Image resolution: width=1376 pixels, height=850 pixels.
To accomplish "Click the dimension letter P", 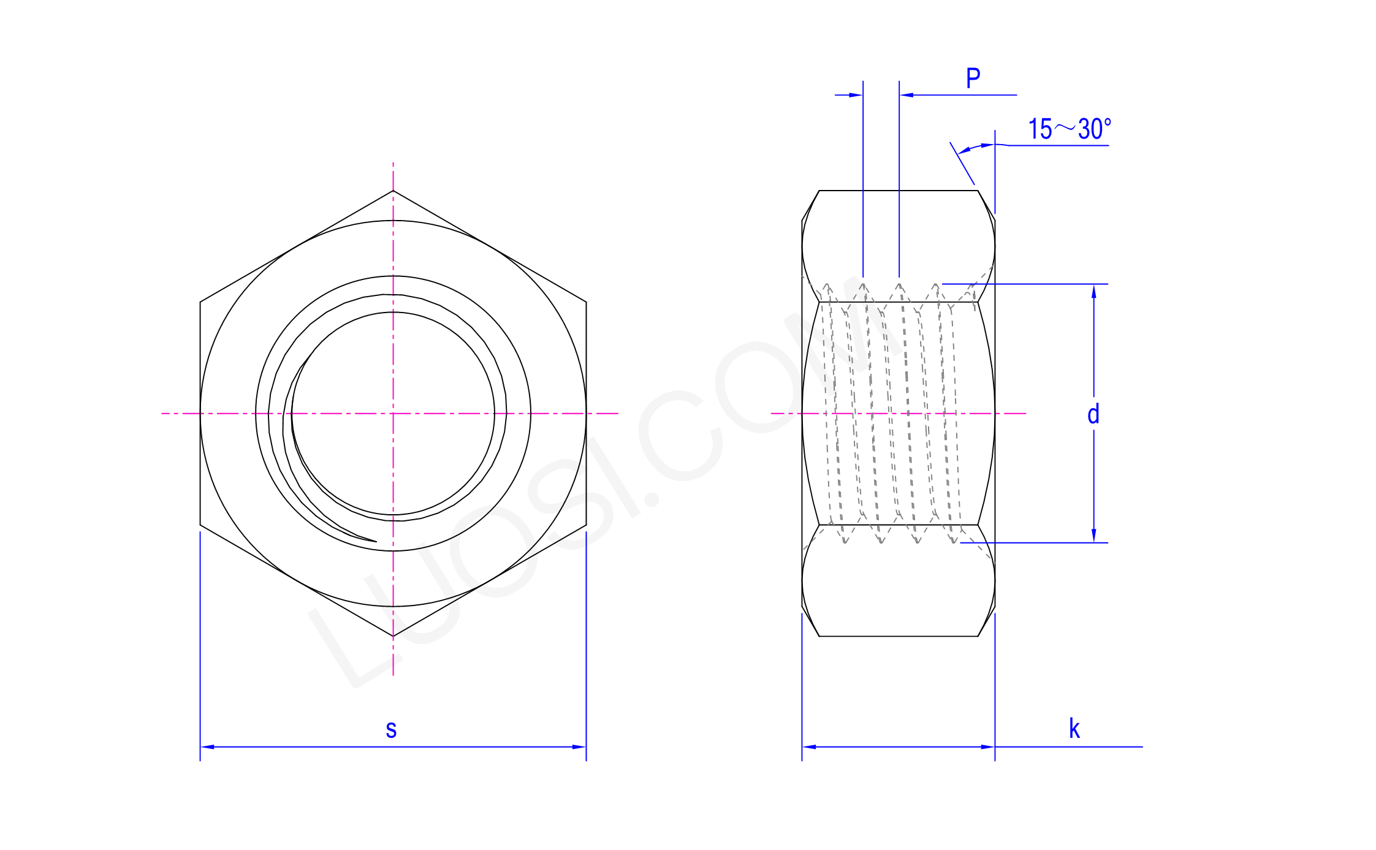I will tap(973, 78).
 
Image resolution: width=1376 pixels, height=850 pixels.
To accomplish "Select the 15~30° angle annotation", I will tap(1069, 129).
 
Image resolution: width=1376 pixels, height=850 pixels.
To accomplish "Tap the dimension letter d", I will tap(1093, 415).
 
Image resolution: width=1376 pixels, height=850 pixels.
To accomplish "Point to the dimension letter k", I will tap(1074, 729).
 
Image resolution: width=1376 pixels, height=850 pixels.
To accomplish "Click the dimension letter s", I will tap(391, 729).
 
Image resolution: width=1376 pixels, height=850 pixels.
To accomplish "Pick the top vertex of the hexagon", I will tap(393, 191).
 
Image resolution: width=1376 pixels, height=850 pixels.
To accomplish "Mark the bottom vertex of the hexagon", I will tap(393, 636).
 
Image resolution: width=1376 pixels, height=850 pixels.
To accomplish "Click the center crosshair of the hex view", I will tap(393, 413).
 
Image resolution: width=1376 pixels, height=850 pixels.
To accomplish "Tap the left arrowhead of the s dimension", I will tap(207, 746).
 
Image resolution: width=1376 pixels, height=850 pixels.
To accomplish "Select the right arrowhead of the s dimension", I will tap(579, 746).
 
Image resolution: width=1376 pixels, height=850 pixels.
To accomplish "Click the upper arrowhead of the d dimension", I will tap(1093, 291).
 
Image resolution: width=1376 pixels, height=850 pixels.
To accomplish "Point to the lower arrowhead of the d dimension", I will tap(1093, 536).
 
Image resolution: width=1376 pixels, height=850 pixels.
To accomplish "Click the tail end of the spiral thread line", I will tap(375, 541).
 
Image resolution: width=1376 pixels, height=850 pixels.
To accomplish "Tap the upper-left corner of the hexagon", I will tap(200, 302).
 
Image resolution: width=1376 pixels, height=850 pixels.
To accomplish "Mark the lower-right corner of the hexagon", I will tap(586, 525).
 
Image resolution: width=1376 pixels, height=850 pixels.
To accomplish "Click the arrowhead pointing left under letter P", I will tap(907, 95).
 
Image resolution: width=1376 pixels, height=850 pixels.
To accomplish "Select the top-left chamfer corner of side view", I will tap(819, 191).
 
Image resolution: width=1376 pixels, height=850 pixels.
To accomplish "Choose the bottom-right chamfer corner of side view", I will tap(978, 636).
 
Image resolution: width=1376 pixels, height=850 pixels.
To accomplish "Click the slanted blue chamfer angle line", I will tap(962, 163).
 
